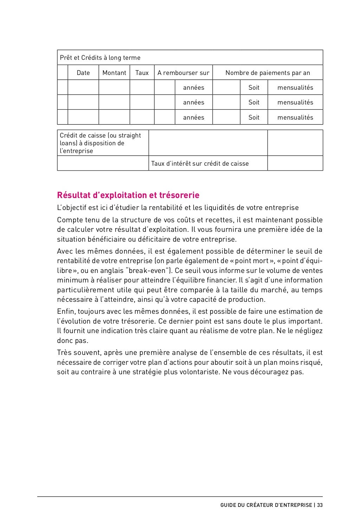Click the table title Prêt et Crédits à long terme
(100, 58)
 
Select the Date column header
(83, 73)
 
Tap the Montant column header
(114, 73)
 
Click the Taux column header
(142, 73)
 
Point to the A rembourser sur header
(183, 73)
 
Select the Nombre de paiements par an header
(268, 73)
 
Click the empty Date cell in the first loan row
(83, 88)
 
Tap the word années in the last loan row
(194, 117)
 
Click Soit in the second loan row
(254, 102)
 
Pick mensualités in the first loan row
(295, 88)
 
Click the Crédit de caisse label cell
(101, 143)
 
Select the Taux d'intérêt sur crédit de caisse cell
(200, 164)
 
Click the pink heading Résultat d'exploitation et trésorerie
(128, 195)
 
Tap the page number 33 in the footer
(320, 505)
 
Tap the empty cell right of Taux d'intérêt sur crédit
(295, 164)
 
